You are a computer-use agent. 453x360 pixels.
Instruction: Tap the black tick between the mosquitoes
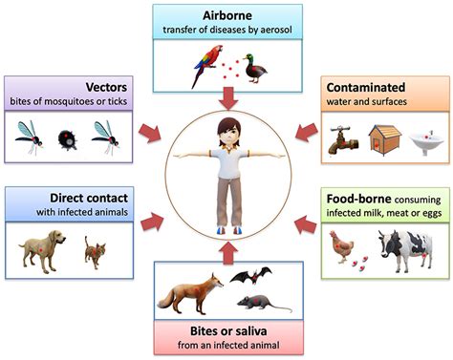[67, 139]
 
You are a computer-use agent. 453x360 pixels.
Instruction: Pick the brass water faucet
[343, 140]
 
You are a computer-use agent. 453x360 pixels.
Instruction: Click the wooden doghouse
[385, 139]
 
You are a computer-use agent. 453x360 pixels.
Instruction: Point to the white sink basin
[426, 141]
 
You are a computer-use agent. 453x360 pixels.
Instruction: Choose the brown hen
[341, 246]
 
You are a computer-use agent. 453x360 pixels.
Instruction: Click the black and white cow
[405, 250]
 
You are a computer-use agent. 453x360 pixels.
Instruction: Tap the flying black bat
[251, 275]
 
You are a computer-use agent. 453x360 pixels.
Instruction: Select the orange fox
[190, 293]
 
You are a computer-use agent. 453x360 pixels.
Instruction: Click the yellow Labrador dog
[42, 250]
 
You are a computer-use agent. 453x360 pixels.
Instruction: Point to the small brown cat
[95, 252]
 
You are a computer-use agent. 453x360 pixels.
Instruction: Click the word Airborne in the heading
[227, 15]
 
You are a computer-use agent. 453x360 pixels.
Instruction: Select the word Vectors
[106, 87]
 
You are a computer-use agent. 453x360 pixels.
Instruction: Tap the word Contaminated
[366, 87]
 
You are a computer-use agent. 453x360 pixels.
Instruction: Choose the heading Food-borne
[358, 199]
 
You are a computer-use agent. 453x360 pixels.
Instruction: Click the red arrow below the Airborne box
[228, 98]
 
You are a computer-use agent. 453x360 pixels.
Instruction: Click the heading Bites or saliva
[228, 331]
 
